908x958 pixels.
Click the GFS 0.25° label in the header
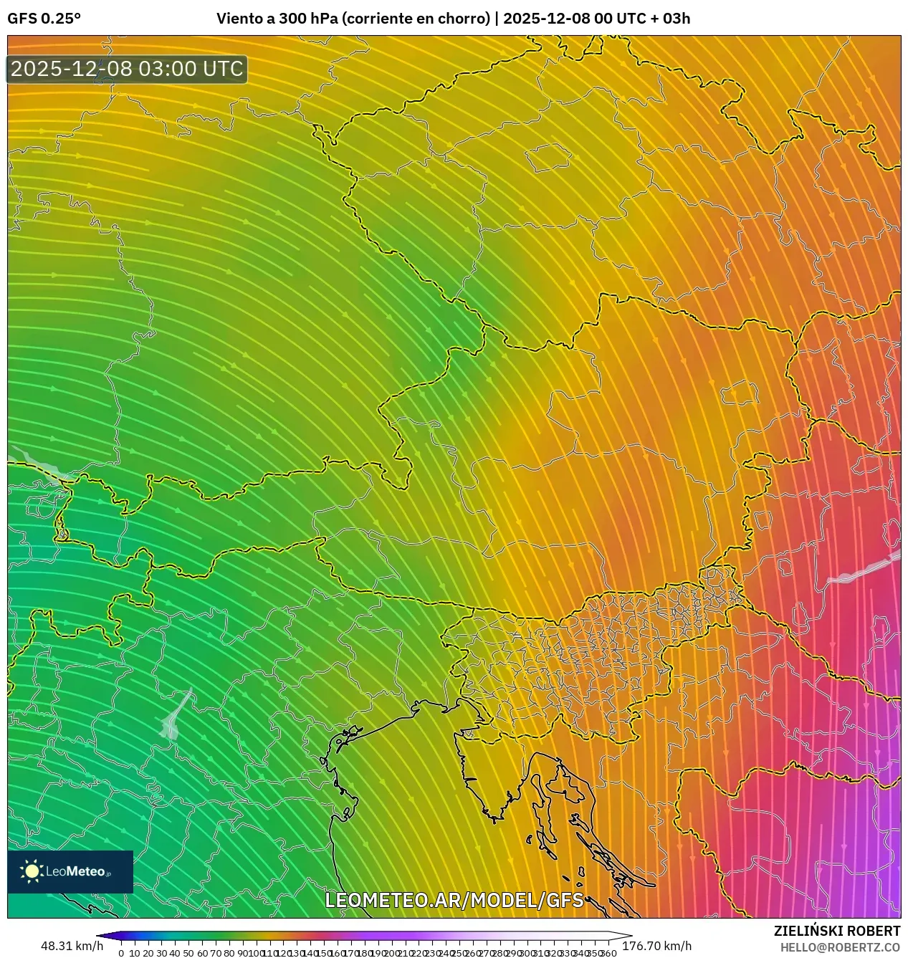(44, 19)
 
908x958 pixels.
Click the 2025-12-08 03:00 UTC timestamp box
(127, 70)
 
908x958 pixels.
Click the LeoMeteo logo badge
(70, 871)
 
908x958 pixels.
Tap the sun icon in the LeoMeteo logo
(32, 871)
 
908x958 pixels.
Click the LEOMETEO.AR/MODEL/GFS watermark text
(454, 900)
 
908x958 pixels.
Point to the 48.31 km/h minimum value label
(72, 946)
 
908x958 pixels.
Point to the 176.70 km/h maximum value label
(657, 946)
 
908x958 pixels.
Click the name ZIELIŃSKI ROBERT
(836, 931)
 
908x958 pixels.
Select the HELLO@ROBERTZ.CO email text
(840, 947)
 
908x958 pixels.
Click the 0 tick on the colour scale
(121, 953)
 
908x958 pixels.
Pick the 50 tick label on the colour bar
(188, 953)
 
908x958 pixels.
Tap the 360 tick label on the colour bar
(608, 953)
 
